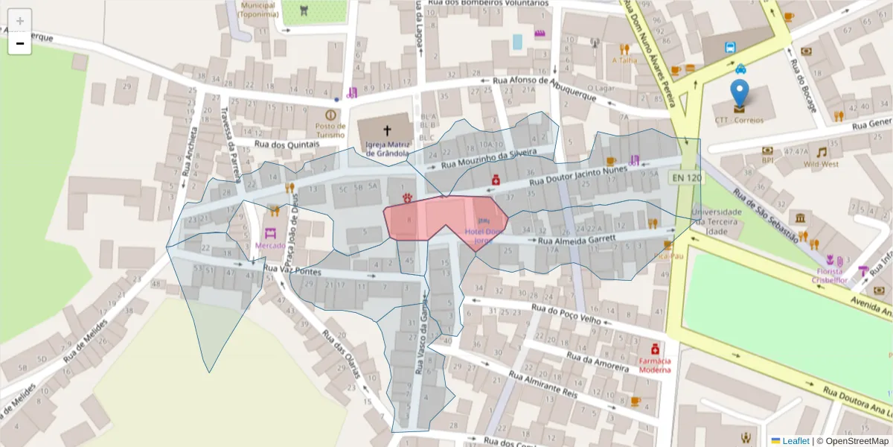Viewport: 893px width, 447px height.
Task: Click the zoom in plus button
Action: (x=20, y=21)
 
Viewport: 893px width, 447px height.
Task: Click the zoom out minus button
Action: (x=20, y=44)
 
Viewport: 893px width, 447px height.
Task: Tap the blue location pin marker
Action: (x=739, y=93)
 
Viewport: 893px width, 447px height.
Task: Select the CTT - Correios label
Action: (x=739, y=120)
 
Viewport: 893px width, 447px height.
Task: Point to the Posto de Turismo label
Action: (x=330, y=130)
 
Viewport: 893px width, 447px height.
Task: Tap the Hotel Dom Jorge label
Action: (x=484, y=236)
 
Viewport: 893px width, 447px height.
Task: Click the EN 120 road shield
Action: (x=685, y=177)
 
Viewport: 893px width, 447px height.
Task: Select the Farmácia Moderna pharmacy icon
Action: (x=655, y=348)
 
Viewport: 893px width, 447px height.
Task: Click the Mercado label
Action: (x=270, y=245)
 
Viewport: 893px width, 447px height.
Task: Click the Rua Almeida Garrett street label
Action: (x=577, y=240)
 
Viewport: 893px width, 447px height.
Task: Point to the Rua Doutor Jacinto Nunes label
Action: (x=579, y=176)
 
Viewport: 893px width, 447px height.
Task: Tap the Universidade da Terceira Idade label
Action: (x=717, y=221)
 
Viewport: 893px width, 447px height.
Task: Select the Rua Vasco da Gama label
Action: (x=421, y=343)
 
